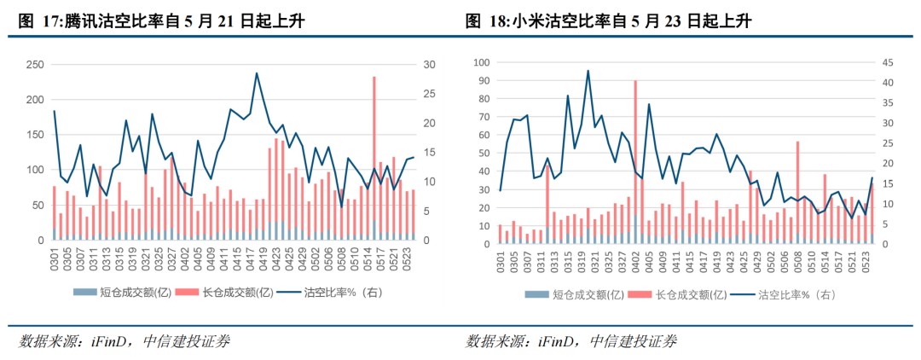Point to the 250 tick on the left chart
pyautogui.click(x=36, y=65)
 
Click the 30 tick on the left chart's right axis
pyautogui.click(x=431, y=65)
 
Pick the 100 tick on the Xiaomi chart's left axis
pyautogui.click(x=482, y=62)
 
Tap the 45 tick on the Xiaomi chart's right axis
pyautogui.click(x=885, y=62)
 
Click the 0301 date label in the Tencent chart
pyautogui.click(x=54, y=260)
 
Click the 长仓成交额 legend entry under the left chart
pyautogui.click(x=232, y=293)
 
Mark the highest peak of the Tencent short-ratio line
pyautogui.click(x=257, y=73)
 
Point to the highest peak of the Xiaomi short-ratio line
pyautogui.click(x=588, y=71)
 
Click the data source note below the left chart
pyautogui.click(x=125, y=342)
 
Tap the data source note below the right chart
pyautogui.click(x=571, y=342)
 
